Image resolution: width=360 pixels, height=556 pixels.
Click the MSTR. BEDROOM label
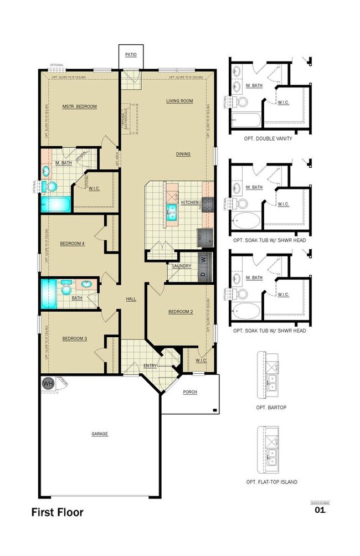79,106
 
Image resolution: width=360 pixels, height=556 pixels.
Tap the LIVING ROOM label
179,101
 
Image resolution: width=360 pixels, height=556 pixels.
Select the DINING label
183,154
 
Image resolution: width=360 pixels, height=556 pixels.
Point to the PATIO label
131,55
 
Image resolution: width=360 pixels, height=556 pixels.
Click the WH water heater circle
48,383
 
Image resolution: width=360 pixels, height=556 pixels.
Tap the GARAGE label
100,434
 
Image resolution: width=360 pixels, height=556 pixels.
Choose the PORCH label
190,392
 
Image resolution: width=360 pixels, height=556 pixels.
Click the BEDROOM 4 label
73,243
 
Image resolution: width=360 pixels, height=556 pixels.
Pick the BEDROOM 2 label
181,312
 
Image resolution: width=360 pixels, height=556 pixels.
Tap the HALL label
131,299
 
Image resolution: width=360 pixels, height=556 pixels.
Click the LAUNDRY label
182,266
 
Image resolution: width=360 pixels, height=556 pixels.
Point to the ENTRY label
150,365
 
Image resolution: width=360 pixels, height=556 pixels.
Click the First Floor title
57,512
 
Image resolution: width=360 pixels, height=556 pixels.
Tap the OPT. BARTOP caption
271,407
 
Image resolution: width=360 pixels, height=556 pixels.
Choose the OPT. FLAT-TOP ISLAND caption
271,482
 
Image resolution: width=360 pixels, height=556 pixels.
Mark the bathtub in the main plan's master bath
55,204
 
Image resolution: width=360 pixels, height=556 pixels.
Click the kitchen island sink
171,209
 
